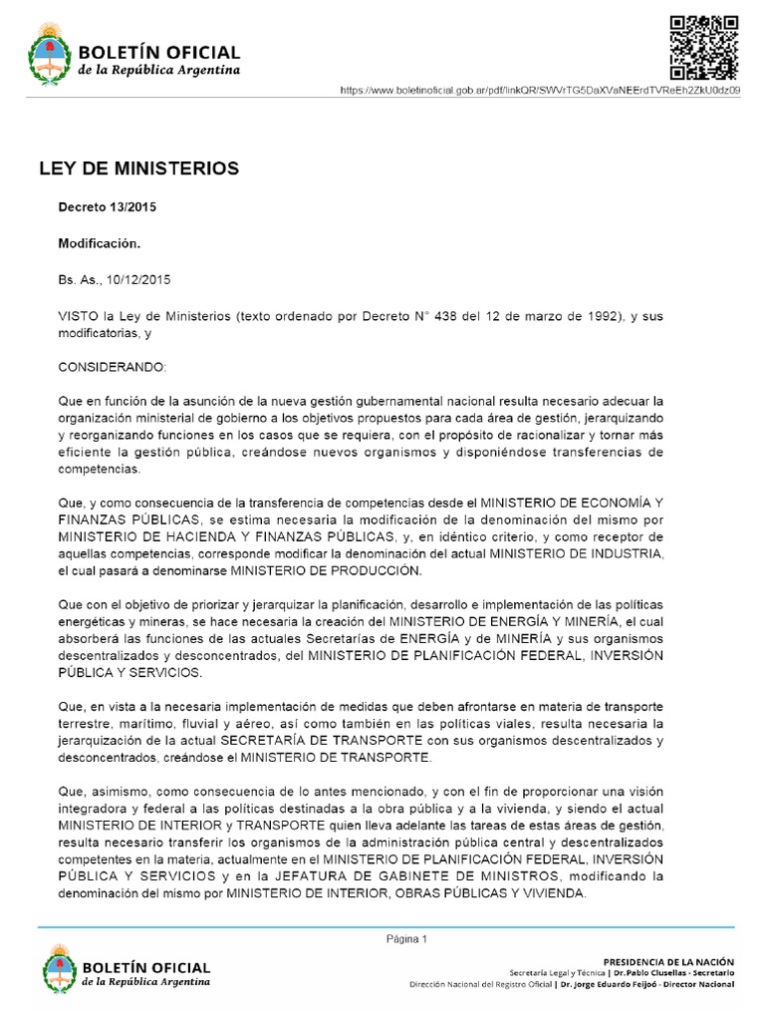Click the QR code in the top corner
pyautogui.click(x=703, y=47)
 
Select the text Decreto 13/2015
pyautogui.click(x=108, y=207)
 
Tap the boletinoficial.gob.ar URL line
pyautogui.click(x=539, y=90)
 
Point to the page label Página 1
pyautogui.click(x=406, y=938)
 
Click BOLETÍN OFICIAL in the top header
pyautogui.click(x=159, y=52)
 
